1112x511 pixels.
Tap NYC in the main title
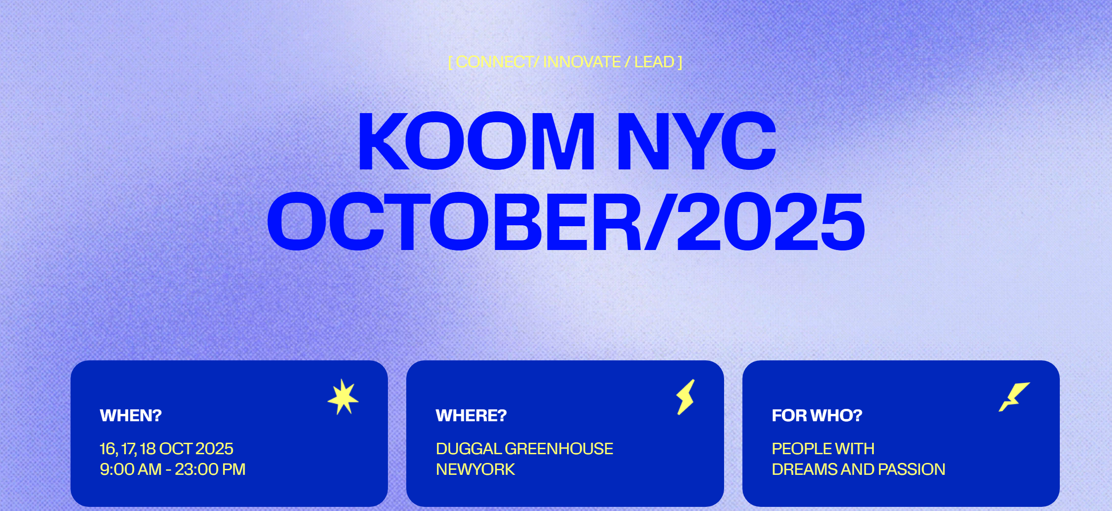(697, 141)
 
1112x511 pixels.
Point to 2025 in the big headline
(771, 222)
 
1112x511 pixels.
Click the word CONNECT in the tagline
(494, 62)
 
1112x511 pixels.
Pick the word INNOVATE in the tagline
(582, 62)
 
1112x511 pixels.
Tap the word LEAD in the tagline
(654, 62)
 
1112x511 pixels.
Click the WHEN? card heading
(131, 415)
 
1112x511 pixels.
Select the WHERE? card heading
(471, 415)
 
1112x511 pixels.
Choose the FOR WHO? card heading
(817, 415)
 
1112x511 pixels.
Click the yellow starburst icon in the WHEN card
(343, 397)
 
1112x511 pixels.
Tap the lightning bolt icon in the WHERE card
(686, 397)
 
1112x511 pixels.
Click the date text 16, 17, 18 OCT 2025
(166, 449)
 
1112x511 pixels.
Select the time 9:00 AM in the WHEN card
(131, 469)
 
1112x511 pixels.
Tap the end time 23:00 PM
(210, 469)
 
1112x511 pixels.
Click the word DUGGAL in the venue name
(469, 449)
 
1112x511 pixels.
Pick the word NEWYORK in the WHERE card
(475, 469)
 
